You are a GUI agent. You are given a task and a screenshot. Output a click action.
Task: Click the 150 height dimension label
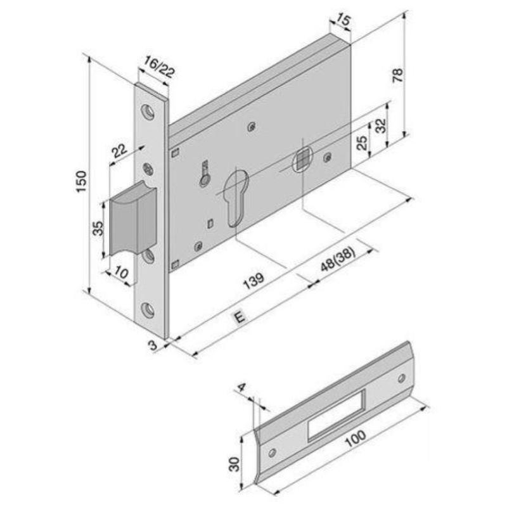coord(81,181)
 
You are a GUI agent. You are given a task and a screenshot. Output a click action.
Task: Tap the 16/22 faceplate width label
coord(159,67)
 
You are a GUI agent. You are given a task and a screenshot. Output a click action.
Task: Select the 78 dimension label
coord(398,75)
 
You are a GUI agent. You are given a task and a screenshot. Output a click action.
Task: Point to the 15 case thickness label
coord(342,20)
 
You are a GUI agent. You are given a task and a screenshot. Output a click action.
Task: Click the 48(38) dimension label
coord(338,259)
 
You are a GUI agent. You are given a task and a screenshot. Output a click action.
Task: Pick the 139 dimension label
coord(254,280)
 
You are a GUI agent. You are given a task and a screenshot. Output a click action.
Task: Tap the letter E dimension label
coord(240,318)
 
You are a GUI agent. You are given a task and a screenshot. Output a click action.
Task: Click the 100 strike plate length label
coord(355,438)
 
